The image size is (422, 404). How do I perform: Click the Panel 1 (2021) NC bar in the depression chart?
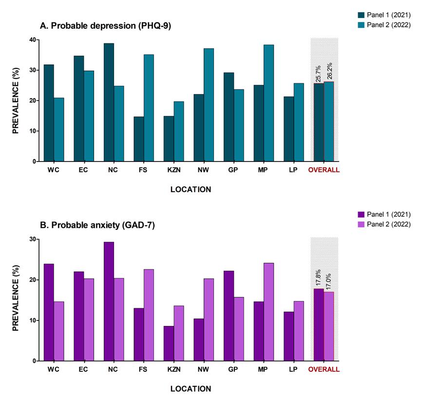pyautogui.click(x=109, y=102)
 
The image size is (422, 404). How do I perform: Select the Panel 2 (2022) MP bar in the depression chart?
pyautogui.click(x=269, y=103)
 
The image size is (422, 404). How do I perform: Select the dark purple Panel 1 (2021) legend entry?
pyautogui.click(x=387, y=214)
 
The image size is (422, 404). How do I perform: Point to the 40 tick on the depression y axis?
pyautogui.click(x=32, y=40)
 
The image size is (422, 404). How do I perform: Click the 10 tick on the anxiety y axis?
pyautogui.click(x=32, y=321)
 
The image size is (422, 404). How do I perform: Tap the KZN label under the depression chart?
pyautogui.click(x=173, y=170)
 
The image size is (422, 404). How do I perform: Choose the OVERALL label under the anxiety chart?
pyautogui.click(x=324, y=370)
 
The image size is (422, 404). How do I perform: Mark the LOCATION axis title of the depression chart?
pyautogui.click(x=191, y=189)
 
